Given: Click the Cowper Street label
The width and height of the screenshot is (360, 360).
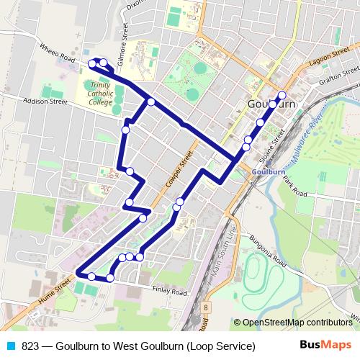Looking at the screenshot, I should pyautogui.click(x=185, y=166).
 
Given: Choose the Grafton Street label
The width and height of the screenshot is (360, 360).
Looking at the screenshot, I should pyautogui.click(x=339, y=81).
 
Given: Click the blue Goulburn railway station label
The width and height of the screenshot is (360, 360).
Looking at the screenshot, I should pyautogui.click(x=269, y=172).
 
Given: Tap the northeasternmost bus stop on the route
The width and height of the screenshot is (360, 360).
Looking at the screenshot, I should pyautogui.click(x=282, y=95).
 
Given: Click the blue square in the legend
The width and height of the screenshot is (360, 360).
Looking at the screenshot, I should pyautogui.click(x=10, y=346).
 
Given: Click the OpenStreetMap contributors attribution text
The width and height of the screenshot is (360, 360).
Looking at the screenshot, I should pyautogui.click(x=298, y=322).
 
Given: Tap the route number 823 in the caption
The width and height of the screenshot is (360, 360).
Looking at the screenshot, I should pyautogui.click(x=30, y=346).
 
